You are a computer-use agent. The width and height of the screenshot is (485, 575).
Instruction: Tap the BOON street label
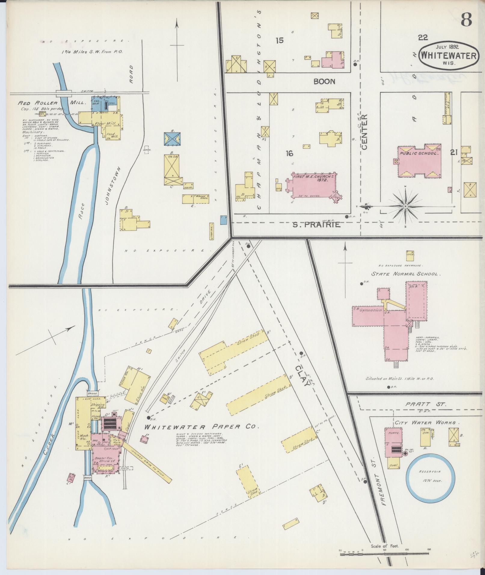(324, 81)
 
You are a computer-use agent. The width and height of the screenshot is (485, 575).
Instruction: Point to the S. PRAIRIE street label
(317, 225)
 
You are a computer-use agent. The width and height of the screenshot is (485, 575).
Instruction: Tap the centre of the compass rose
(405, 206)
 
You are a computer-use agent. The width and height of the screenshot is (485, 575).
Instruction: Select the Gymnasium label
(370, 310)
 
